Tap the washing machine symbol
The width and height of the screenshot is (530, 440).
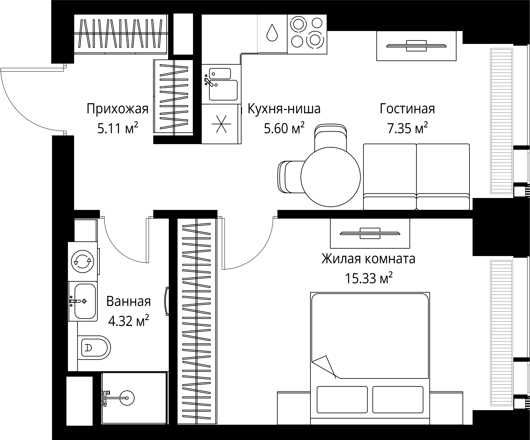(83, 262)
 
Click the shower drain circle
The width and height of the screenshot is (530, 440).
(127, 398)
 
